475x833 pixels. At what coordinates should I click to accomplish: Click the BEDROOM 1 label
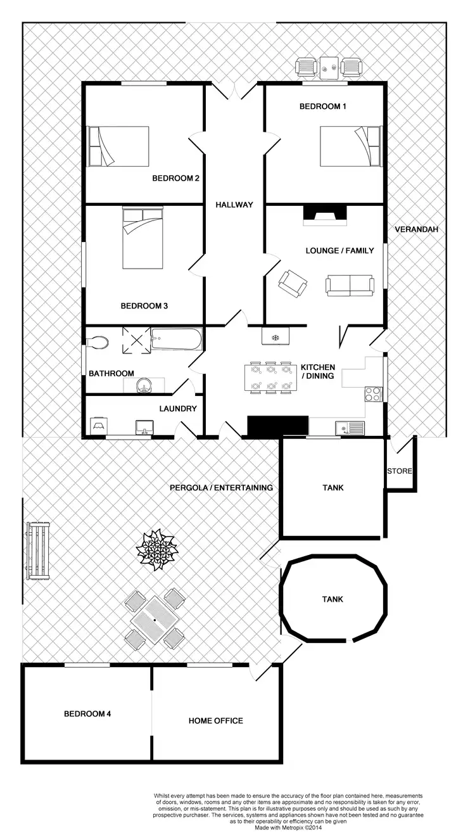(x=322, y=106)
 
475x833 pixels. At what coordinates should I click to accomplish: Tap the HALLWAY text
(x=234, y=205)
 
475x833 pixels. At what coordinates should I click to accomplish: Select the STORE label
(x=400, y=471)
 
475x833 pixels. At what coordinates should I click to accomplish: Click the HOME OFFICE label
(x=215, y=721)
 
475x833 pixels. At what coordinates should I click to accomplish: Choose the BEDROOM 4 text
(x=87, y=714)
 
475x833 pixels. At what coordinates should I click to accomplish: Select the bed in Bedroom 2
(x=118, y=146)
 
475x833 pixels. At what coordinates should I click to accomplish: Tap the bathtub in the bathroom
(x=176, y=340)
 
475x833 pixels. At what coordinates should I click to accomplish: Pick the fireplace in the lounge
(x=325, y=215)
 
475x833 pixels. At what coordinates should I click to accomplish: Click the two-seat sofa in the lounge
(x=349, y=286)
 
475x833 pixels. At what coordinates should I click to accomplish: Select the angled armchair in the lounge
(x=293, y=283)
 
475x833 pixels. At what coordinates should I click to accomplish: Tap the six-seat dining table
(x=270, y=378)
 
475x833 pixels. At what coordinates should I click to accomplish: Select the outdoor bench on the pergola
(x=38, y=550)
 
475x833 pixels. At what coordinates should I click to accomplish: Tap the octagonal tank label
(x=332, y=599)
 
